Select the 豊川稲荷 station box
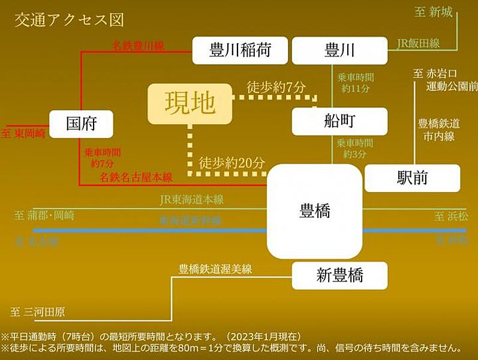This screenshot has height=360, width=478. click(x=240, y=50)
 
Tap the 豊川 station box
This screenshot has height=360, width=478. click(x=339, y=50)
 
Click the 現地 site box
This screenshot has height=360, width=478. click(x=190, y=103)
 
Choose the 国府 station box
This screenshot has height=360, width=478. click(x=81, y=124)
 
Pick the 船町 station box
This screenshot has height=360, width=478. click(x=339, y=121)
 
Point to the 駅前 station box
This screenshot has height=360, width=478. click(x=412, y=178)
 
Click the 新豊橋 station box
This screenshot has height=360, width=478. click(x=339, y=275)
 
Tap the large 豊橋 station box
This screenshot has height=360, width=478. click(x=315, y=211)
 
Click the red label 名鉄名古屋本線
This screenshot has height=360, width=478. click(x=136, y=178)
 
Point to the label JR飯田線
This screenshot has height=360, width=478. click(x=418, y=43)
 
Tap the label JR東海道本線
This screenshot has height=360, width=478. click(x=192, y=200)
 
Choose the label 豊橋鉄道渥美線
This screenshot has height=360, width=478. click(x=215, y=269)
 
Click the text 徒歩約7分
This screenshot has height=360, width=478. click(x=276, y=87)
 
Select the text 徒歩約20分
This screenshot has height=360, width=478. click(x=232, y=162)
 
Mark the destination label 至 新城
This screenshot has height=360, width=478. click(x=433, y=12)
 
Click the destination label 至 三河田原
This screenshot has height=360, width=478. click(x=37, y=312)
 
